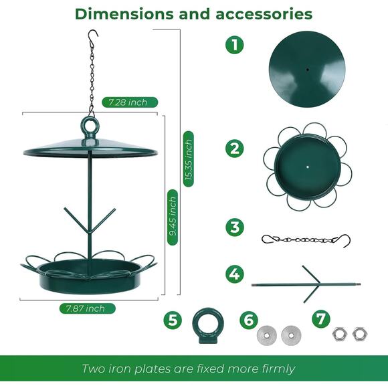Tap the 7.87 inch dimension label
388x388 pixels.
click(86, 308)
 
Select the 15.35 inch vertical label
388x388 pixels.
click(189, 159)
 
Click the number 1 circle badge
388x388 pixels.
click(234, 45)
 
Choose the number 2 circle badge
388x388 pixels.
click(234, 148)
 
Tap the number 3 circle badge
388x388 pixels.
click(234, 227)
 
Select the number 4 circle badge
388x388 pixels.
click(234, 273)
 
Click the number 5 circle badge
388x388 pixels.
click(173, 320)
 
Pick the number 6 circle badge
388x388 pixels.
click(249, 320)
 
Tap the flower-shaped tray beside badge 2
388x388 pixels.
click(306, 165)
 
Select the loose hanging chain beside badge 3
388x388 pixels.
click(305, 239)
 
